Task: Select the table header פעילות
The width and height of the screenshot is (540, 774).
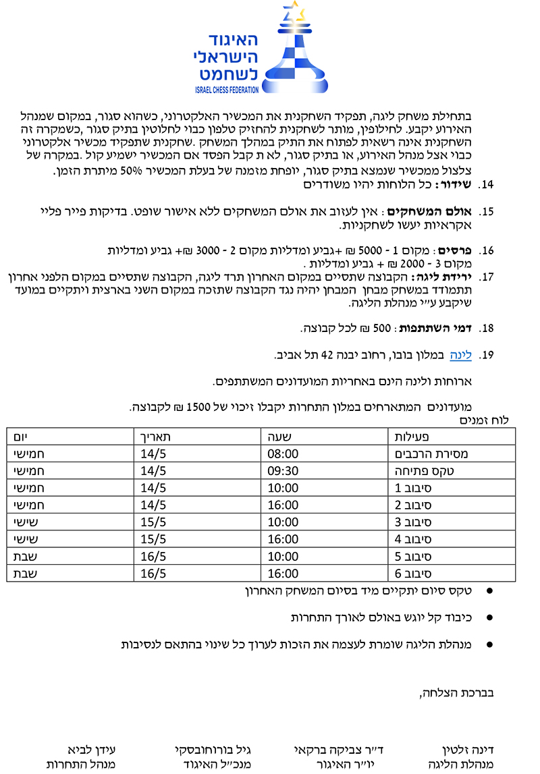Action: coord(412,436)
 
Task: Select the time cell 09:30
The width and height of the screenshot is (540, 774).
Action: coord(281,470)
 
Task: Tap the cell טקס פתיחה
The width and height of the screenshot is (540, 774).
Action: coord(418,470)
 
